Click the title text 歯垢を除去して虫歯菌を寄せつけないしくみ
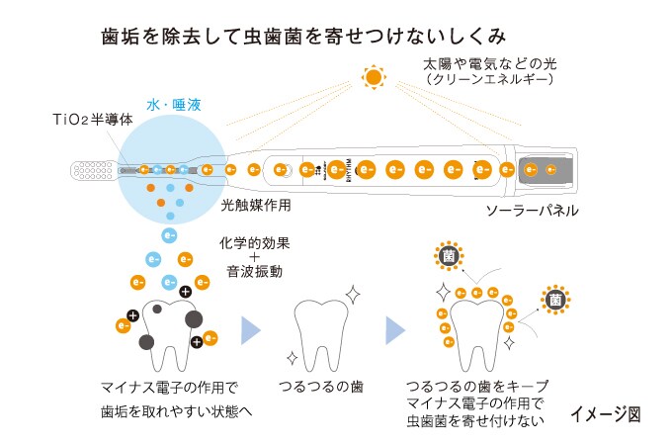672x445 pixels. (304, 36)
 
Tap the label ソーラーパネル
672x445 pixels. (532, 211)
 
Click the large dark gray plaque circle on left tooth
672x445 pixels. (194, 318)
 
